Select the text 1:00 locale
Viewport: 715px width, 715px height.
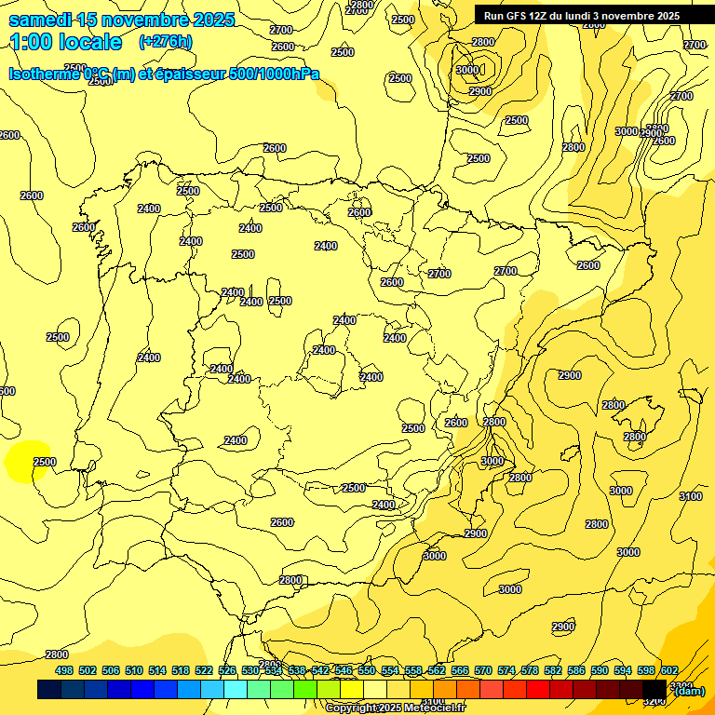pos(65,42)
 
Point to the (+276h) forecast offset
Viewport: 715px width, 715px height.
pos(165,42)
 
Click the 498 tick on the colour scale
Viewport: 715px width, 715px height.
pos(64,670)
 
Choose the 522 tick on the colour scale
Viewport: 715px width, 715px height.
pos(204,670)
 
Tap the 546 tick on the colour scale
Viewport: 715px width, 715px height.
pos(344,670)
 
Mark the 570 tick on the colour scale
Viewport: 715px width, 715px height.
pos(483,670)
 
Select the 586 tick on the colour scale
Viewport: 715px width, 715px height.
pos(576,670)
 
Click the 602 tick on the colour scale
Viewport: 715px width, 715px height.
pos(669,670)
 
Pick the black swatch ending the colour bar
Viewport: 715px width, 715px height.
pos(654,689)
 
